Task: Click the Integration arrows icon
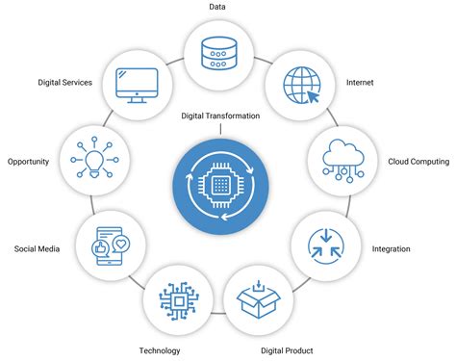pos(322,241)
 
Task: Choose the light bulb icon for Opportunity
pos(95,157)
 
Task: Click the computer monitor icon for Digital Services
pos(138,85)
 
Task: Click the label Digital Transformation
pos(220,116)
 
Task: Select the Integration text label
pos(391,249)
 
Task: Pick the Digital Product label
pos(287,350)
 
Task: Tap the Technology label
pos(159,350)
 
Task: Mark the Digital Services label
pos(64,83)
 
